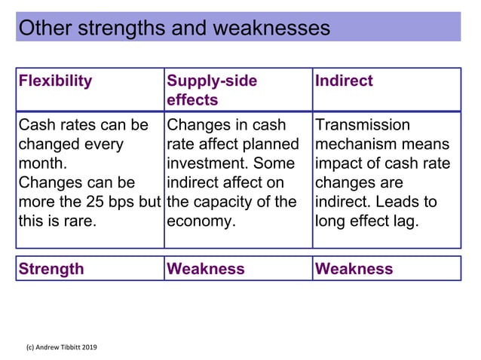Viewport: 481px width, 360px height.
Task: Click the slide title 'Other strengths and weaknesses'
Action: tap(174, 28)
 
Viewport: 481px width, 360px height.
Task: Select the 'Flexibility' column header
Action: tap(56, 81)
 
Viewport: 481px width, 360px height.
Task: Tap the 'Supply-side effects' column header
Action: tap(212, 90)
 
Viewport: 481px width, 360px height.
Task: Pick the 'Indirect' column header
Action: tap(345, 81)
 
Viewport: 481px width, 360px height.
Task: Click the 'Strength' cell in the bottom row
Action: tap(52, 269)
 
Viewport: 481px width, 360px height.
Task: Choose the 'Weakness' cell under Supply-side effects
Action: tap(206, 269)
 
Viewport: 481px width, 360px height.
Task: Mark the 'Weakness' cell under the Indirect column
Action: tap(354, 269)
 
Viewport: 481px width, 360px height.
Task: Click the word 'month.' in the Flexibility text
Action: tap(42, 163)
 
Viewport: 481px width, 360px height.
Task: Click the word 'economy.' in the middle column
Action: tap(198, 221)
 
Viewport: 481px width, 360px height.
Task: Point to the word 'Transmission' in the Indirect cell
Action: tap(363, 125)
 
